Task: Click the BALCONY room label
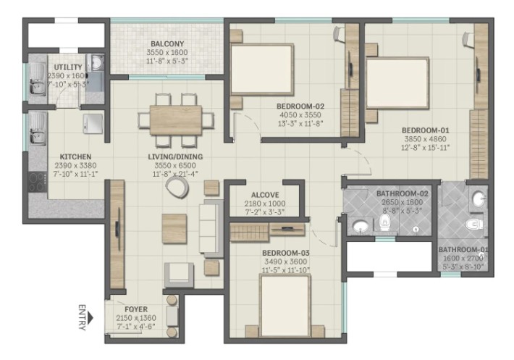[167, 43]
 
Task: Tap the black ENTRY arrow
[90, 318]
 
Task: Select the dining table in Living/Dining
[176, 120]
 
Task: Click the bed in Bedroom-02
[261, 70]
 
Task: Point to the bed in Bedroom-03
[285, 306]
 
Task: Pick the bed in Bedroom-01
[397, 83]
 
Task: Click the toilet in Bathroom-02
[384, 223]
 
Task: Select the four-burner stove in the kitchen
[38, 182]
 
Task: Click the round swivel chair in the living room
[177, 188]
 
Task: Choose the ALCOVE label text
[265, 195]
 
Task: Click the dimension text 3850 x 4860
[425, 139]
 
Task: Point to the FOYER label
[136, 309]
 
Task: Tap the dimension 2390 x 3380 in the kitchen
[75, 166]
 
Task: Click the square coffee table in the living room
[174, 228]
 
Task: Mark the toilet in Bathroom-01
[474, 225]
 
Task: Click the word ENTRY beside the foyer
[82, 318]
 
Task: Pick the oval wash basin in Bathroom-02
[361, 226]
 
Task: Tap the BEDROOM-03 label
[286, 253]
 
